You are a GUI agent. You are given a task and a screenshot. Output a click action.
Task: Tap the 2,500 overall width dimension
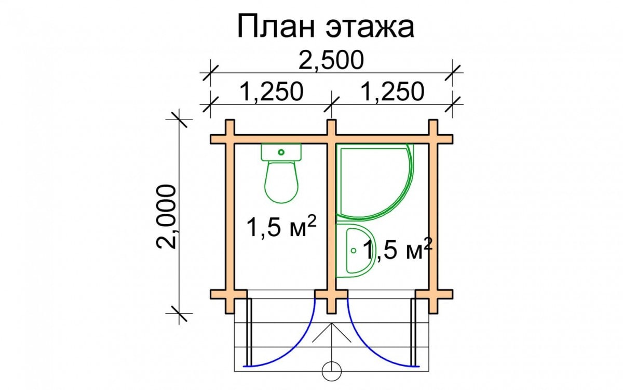331,60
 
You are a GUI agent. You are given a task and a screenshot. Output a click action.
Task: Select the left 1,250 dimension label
271,92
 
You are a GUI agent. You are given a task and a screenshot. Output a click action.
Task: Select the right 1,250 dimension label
393,92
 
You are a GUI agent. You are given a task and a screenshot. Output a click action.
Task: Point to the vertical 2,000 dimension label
166,216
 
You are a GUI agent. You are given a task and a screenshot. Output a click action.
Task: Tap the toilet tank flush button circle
281,152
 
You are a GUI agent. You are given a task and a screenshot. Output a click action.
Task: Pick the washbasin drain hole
354,251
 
